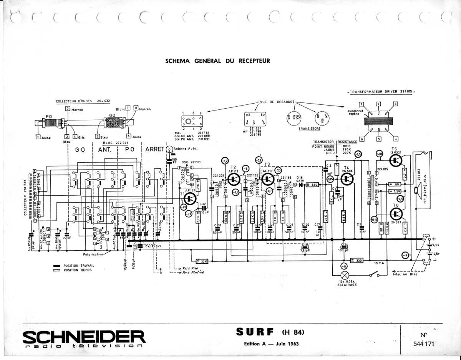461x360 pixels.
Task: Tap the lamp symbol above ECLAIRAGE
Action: [345, 275]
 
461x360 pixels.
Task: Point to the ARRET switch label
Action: [155, 149]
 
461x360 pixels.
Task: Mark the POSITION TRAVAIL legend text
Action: [79, 266]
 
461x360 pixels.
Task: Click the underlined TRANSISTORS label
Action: [309, 129]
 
